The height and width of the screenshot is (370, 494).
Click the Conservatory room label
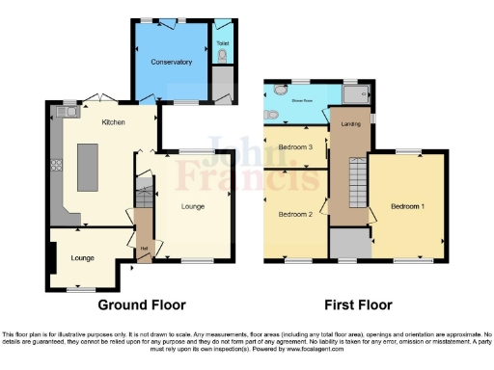(x=171, y=62)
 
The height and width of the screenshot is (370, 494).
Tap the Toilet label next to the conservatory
(x=224, y=43)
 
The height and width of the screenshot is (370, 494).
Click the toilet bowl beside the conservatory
(x=224, y=59)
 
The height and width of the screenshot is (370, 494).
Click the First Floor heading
(x=358, y=305)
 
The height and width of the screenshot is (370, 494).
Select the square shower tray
(x=356, y=94)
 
